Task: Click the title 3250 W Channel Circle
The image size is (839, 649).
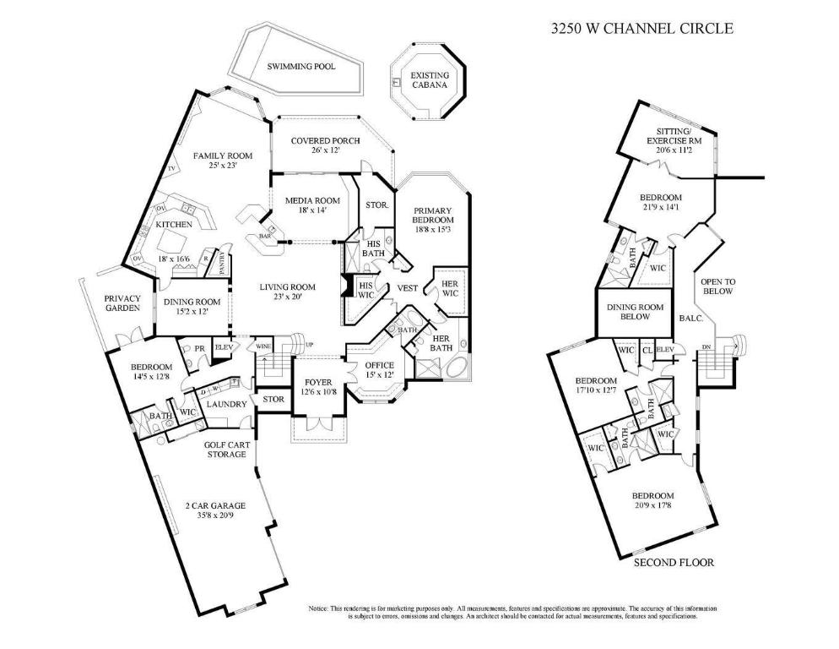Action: point(641,28)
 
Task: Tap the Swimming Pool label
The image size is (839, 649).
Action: point(301,66)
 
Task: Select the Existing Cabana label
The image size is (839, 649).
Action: point(430,80)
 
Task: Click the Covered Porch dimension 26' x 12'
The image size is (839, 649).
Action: point(325,150)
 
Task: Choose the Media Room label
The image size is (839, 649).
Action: point(312,200)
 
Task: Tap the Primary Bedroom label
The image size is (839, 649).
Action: point(432,216)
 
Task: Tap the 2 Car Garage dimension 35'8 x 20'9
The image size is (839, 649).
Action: point(215,515)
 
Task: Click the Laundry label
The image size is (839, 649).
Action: point(226,404)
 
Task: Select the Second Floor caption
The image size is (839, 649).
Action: point(674,562)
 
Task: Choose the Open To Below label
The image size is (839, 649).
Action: point(714,286)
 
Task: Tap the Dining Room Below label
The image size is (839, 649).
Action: point(636,312)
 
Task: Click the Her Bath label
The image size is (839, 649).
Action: point(441,343)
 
